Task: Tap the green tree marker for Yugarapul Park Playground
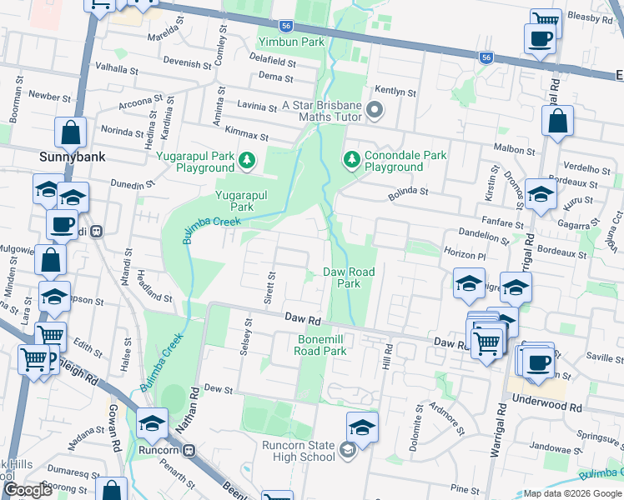click(246, 158)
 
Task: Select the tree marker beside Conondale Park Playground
click(351, 158)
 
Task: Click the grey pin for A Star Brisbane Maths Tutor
click(375, 110)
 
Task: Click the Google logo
click(28, 490)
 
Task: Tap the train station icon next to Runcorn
click(189, 451)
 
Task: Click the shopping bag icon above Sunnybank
click(71, 132)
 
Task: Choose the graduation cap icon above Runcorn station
click(153, 425)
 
